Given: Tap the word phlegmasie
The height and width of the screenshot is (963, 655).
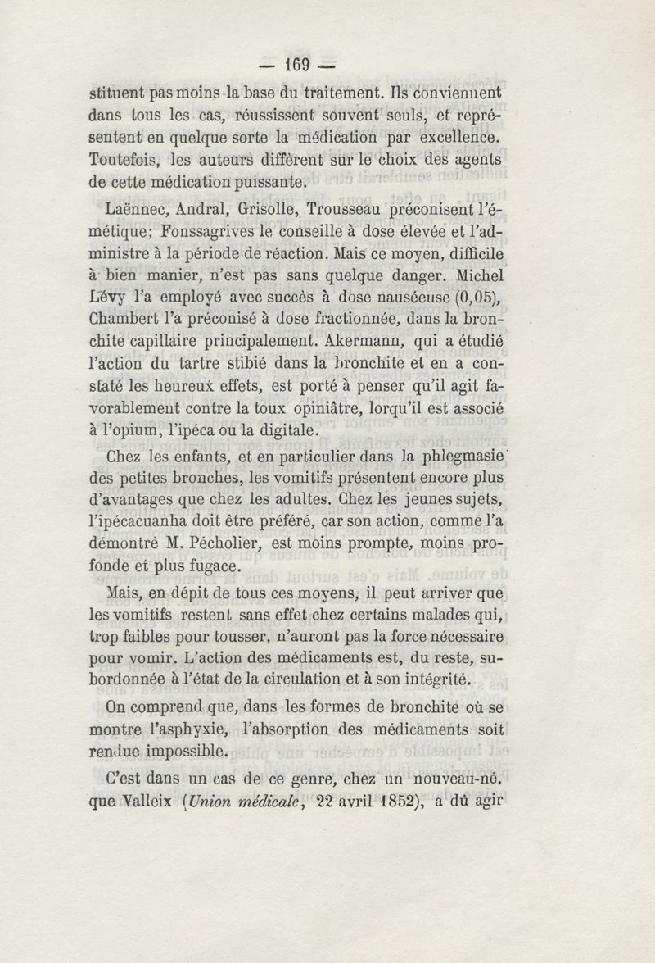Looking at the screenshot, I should click(x=464, y=458).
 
